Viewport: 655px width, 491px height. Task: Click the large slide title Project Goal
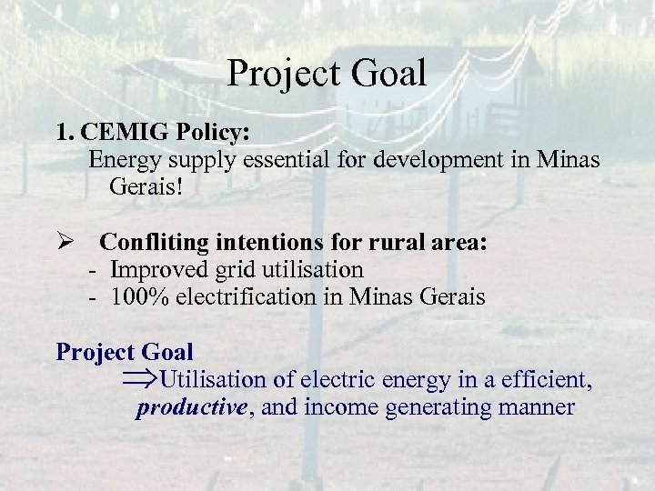[327, 74]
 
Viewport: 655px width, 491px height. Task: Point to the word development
[443, 160]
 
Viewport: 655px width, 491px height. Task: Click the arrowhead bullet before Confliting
[65, 243]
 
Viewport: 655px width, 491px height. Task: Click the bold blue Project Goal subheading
[125, 351]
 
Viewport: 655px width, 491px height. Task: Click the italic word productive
[191, 407]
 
